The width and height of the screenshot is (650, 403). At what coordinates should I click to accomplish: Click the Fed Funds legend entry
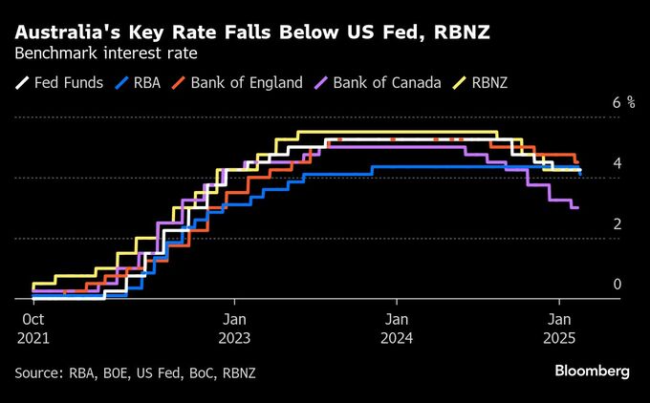point(59,82)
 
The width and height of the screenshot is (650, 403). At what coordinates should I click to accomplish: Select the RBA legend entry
point(138,82)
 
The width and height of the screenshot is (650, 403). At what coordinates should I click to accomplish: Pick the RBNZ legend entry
point(481,82)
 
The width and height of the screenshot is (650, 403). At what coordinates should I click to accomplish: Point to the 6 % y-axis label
point(624,102)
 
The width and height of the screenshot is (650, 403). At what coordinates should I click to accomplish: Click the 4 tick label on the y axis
point(617,163)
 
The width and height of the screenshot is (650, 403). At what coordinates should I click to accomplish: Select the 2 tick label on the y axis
point(617,223)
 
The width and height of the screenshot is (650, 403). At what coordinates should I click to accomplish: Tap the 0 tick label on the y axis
point(617,285)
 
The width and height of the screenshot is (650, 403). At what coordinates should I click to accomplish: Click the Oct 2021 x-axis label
point(33,329)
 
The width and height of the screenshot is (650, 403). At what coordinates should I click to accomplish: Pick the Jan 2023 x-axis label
point(234,329)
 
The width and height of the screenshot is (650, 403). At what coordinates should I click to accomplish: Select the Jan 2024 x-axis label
point(397,329)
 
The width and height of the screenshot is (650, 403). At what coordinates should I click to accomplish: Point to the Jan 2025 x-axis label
point(559,329)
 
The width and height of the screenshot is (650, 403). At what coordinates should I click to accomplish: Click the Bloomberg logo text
point(592,371)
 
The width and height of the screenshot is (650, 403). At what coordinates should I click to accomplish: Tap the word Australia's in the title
point(68,32)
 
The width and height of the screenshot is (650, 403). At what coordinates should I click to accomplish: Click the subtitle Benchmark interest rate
point(106,53)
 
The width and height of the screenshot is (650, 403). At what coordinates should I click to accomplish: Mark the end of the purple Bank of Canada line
point(578,207)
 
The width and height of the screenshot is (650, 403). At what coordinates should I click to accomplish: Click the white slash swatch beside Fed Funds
point(22,82)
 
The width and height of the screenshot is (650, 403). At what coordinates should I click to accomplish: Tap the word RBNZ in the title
point(462,32)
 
